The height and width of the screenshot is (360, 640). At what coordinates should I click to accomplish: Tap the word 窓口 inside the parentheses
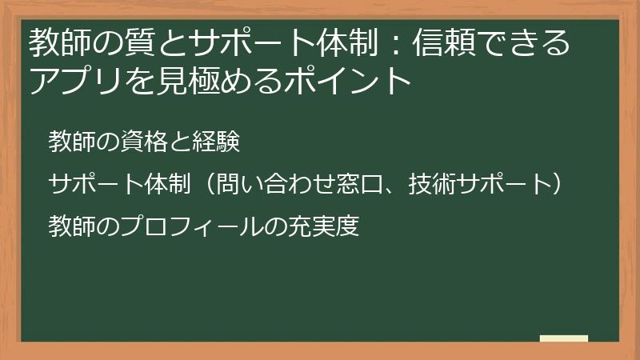364,184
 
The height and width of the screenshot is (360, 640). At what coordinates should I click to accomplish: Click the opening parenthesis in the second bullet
206,184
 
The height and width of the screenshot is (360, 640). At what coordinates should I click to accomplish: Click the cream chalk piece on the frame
564,339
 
